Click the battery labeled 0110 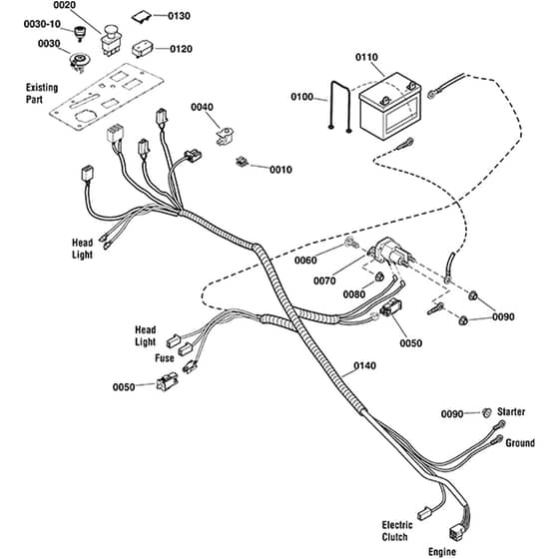(389, 106)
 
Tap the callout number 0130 (179, 16)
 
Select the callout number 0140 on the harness (364, 365)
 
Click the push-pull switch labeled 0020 (111, 40)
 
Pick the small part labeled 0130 (142, 17)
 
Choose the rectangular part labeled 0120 (143, 49)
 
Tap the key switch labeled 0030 (79, 63)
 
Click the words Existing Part (42, 94)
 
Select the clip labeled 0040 (225, 136)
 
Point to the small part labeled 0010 (242, 162)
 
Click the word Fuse (165, 358)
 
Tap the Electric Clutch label (397, 531)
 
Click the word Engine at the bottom (442, 552)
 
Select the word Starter (511, 411)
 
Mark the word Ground (520, 443)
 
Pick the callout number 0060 (305, 261)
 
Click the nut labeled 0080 (379, 276)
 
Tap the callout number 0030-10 (42, 24)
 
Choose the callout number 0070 (324, 280)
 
